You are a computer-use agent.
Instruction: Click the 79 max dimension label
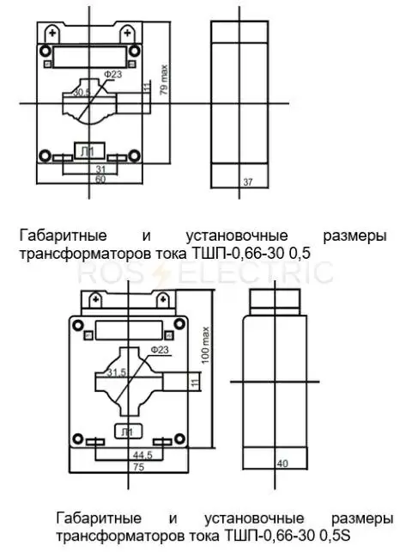pos(164,80)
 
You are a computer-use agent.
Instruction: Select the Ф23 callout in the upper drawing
pos(112,75)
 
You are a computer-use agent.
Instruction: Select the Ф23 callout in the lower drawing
pos(160,350)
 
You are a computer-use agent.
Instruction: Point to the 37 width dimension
pos(248,182)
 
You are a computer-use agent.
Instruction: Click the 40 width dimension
pos(282,463)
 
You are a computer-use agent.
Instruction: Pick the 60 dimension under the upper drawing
pos(100,179)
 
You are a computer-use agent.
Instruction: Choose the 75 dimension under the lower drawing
pos(139,467)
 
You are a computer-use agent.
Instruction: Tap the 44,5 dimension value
pos(142,455)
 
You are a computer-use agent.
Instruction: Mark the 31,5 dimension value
pos(117,372)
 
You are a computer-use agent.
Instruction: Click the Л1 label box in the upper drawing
pos(89,150)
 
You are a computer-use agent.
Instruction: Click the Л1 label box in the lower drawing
pos(129,432)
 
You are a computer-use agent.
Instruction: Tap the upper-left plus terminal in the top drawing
pos(52,34)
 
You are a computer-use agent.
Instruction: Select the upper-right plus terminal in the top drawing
pos(127,34)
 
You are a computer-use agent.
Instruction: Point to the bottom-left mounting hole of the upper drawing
pos(45,156)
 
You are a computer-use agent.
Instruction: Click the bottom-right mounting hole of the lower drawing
pos(180,439)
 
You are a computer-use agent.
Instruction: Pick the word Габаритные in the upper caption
pos(64,236)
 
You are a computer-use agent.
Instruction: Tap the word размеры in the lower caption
pos(362,518)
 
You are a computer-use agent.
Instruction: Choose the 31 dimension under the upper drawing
pos(100,169)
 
